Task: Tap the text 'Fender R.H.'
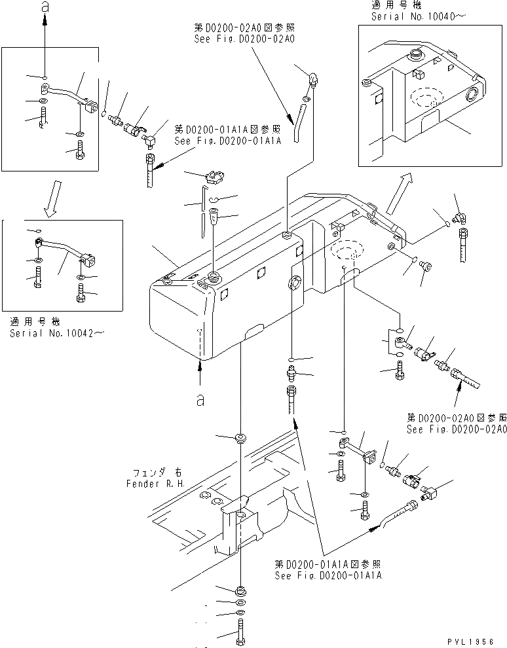(x=156, y=484)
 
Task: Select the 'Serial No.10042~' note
(x=57, y=333)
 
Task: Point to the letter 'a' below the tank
(x=200, y=401)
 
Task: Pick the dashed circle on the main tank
(x=347, y=251)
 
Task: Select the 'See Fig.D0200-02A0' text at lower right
(x=457, y=429)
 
